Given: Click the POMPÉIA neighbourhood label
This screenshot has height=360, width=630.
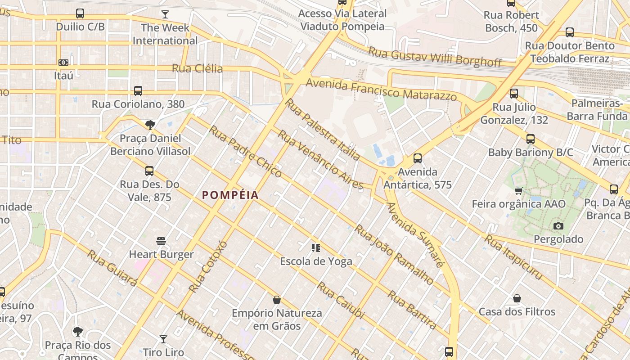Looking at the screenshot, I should point(230,195).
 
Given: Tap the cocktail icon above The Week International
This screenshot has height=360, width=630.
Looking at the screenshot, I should point(165,14).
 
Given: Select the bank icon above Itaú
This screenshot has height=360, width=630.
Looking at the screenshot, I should point(63,63).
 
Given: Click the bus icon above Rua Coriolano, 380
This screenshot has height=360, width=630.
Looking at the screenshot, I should point(138,91).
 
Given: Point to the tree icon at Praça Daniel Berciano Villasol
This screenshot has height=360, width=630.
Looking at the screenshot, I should point(150,125).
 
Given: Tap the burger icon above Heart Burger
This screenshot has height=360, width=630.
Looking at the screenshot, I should point(161,241).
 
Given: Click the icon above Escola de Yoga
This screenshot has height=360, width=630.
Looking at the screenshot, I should point(316,248).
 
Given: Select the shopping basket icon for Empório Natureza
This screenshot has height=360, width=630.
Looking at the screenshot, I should point(277,299).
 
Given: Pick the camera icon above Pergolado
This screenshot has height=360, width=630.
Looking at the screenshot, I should point(558,226).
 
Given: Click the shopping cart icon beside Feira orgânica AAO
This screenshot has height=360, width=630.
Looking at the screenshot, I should point(519,191).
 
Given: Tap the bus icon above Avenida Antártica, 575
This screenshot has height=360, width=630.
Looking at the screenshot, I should point(418,158).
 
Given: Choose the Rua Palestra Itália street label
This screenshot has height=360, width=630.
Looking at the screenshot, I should point(323,130).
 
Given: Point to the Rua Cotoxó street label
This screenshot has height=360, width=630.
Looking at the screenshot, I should point(208,266).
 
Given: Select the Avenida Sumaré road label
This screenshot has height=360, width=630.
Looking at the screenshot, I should point(415,234).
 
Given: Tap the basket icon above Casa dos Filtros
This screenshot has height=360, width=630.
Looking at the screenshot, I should point(517,298).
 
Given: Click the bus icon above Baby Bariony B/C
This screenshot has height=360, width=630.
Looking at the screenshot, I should point(531,139).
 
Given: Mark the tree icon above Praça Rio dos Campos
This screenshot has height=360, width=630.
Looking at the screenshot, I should point(78,332).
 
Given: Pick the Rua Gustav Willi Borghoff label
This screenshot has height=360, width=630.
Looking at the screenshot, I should point(435,56).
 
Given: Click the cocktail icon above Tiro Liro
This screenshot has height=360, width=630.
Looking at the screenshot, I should point(163,339).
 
